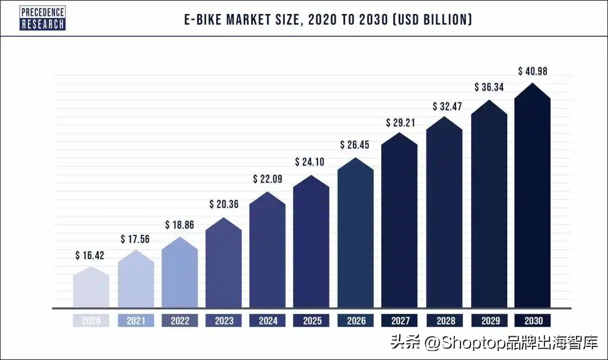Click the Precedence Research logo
pos(43,18)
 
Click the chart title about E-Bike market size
pos(328,20)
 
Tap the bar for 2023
pos(223,265)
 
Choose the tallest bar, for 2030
pos(533,197)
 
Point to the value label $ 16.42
pos(90,256)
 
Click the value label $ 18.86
pos(180,225)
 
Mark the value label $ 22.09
pos(267,180)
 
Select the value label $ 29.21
pos(400,122)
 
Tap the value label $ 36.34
pos(489,87)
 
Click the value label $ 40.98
pos(533,71)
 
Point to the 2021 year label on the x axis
pos(136,321)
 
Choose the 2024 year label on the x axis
pos(267,321)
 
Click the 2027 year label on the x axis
pos(400,321)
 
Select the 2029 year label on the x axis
pos(489,321)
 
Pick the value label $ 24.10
pos(311,162)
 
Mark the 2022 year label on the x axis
pos(180,321)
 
